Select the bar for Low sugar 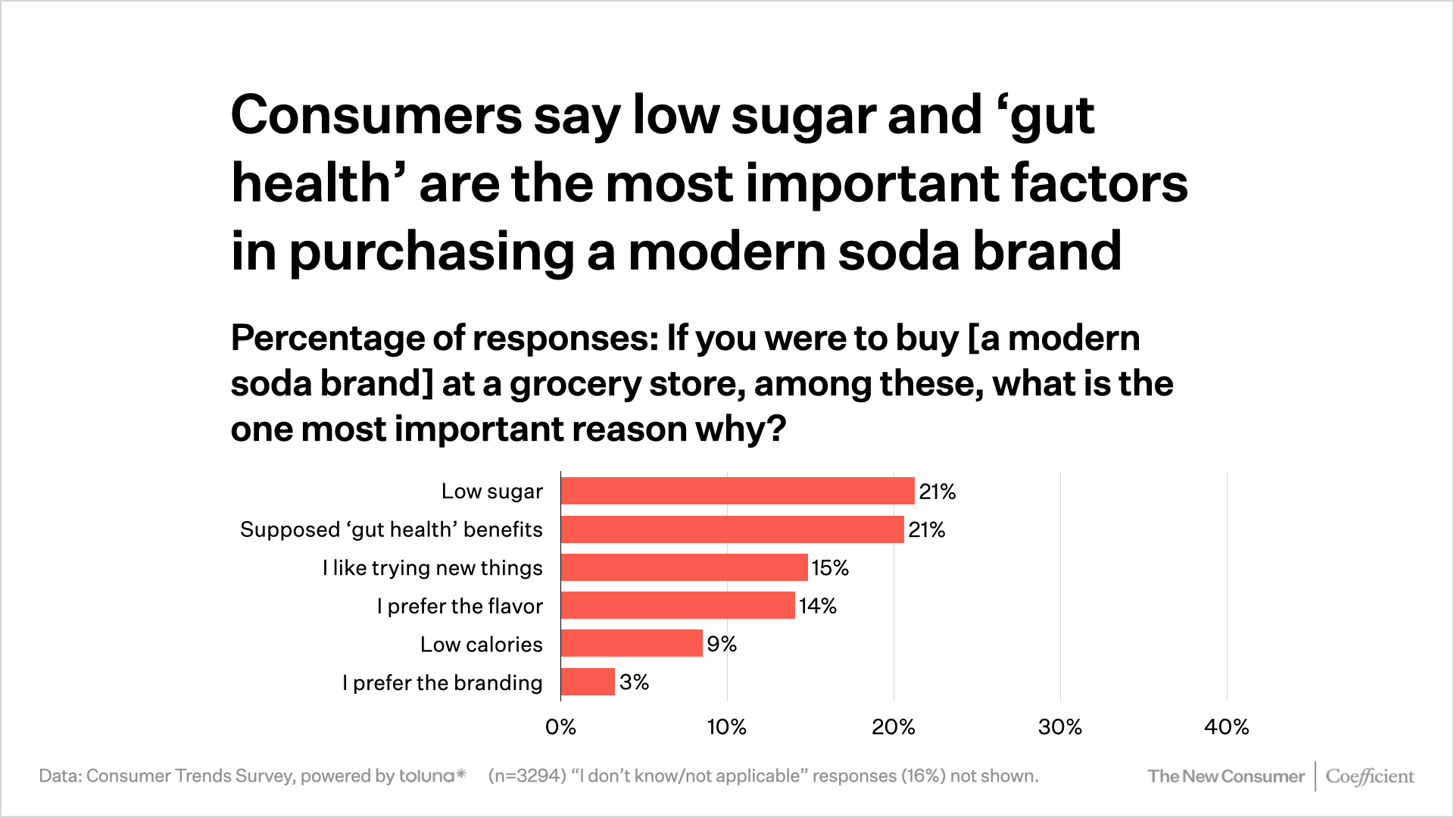(x=738, y=491)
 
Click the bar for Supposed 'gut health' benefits (x=732, y=529)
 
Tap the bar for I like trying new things (x=684, y=567)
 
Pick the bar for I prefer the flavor (x=678, y=606)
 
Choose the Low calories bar (x=632, y=644)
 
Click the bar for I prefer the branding (x=588, y=682)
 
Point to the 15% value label (x=830, y=568)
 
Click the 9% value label (x=722, y=644)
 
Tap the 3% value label (x=635, y=682)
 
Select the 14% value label (x=818, y=606)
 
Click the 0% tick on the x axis (x=560, y=727)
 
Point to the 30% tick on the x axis (x=1060, y=727)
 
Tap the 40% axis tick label (x=1227, y=727)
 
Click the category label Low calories (x=482, y=645)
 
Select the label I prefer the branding (x=442, y=683)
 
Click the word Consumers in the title (x=376, y=115)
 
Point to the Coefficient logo (x=1369, y=776)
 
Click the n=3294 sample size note (x=527, y=776)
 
